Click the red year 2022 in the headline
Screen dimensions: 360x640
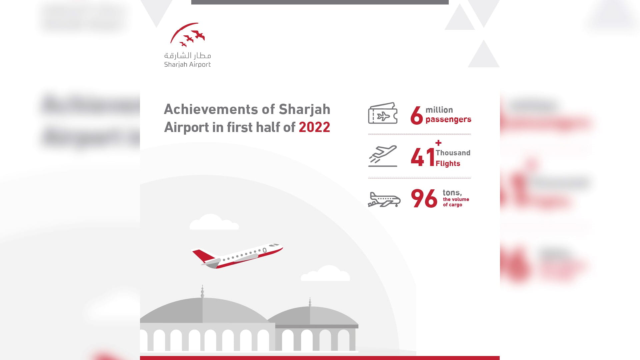pyautogui.click(x=314, y=127)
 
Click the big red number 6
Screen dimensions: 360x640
pyautogui.click(x=416, y=116)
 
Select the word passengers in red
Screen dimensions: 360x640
pyautogui.click(x=448, y=119)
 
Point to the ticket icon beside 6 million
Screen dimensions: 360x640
pyautogui.click(x=383, y=113)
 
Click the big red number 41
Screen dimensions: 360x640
pyautogui.click(x=422, y=157)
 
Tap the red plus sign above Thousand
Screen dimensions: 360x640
pyautogui.click(x=438, y=143)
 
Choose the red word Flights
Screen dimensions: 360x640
pyautogui.click(x=448, y=163)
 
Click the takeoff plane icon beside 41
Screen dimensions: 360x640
pyautogui.click(x=383, y=156)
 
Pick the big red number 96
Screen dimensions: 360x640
pyautogui.click(x=424, y=198)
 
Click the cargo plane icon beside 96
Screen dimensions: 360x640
pyautogui.click(x=384, y=200)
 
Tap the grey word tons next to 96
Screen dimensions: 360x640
pyautogui.click(x=452, y=193)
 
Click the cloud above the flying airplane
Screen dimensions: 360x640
pyautogui.click(x=213, y=222)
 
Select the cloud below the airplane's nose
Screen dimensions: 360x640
pyautogui.click(x=326, y=274)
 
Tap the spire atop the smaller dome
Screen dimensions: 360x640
pyautogui.click(x=310, y=302)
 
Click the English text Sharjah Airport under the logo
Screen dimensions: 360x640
pyautogui.click(x=187, y=64)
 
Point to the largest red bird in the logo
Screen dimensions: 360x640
pyautogui.click(x=199, y=35)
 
